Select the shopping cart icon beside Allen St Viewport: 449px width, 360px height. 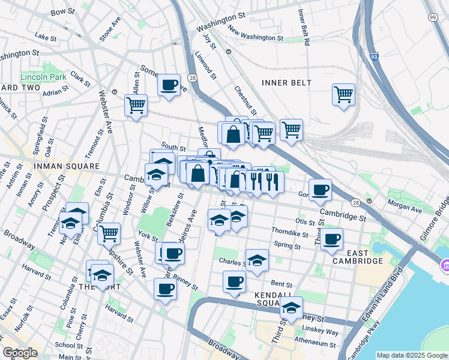tap(136, 105)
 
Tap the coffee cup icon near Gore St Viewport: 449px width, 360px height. tap(320, 189)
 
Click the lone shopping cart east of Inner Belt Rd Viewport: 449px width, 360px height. tap(343, 94)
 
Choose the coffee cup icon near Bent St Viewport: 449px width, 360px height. tap(234, 280)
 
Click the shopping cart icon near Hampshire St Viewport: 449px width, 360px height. tap(109, 233)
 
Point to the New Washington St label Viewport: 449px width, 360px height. tap(255, 37)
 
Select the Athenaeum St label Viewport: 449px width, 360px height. tap(316, 343)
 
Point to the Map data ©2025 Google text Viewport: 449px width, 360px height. tap(411, 355)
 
